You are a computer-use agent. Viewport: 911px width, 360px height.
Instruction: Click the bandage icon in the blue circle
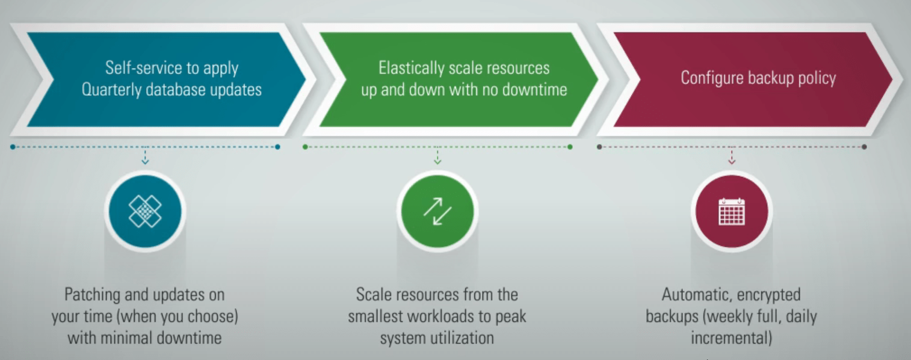point(145,211)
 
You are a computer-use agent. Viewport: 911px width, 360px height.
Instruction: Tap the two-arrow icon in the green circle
point(437,211)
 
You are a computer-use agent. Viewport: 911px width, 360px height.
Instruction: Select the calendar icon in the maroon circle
point(732,211)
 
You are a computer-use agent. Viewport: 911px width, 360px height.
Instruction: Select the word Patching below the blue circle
point(92,294)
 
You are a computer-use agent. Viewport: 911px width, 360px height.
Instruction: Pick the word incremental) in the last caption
point(731,338)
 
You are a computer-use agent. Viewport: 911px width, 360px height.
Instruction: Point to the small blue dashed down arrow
point(145,156)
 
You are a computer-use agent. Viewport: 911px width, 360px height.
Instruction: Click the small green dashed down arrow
point(437,156)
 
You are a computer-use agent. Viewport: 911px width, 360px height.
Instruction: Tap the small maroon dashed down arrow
point(732,156)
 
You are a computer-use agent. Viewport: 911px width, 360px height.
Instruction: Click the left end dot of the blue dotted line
point(13,147)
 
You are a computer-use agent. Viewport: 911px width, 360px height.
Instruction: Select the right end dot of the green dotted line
point(570,147)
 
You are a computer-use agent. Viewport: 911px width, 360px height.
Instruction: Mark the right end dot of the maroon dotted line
point(864,147)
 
